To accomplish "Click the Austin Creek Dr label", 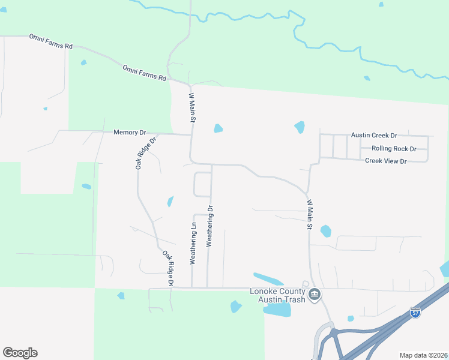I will point(379,136).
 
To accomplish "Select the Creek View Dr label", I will point(386,161).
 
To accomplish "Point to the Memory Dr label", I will point(130,132).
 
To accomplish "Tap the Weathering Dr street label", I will point(210,226).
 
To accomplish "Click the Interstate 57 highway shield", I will point(415,313).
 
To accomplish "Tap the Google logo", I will point(20,353).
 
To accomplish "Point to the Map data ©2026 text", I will point(423,355).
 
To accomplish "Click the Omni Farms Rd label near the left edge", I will point(50,41).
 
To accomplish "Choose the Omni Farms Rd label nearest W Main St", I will point(144,73).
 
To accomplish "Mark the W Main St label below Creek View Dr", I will point(310,215).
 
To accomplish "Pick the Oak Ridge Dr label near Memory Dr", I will point(145,153).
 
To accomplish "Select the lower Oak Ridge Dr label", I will point(167,268).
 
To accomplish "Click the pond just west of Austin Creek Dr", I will point(300,127).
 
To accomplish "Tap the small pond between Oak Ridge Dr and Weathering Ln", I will point(170,202).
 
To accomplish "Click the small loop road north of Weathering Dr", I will point(202,184).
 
